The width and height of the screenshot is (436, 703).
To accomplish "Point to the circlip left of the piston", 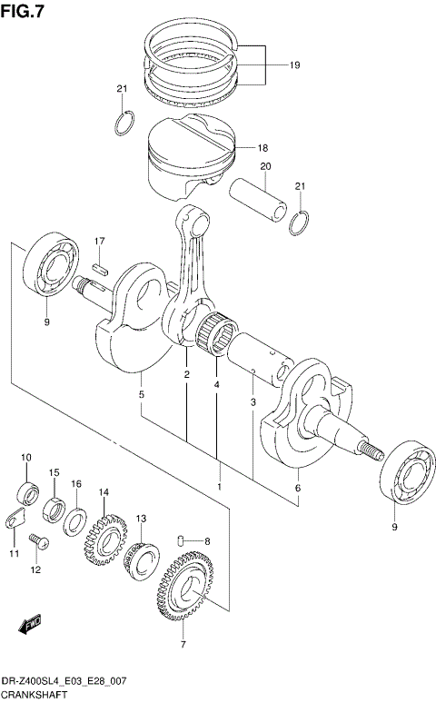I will [126, 122].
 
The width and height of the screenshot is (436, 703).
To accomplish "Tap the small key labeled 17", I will [102, 268].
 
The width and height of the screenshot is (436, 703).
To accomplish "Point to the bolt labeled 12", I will [38, 542].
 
